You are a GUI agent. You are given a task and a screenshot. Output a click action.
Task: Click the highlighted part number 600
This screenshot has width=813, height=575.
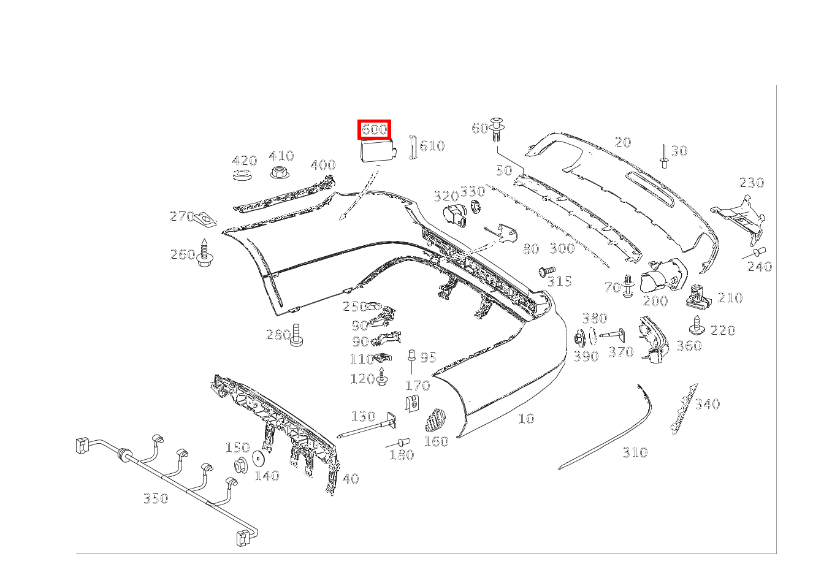374,129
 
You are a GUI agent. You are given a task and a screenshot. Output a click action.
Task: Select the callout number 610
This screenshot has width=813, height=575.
433,146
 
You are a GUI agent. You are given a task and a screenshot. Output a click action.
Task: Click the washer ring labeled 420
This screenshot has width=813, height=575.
243,177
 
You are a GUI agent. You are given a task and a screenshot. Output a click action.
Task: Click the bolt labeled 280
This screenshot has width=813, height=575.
296,335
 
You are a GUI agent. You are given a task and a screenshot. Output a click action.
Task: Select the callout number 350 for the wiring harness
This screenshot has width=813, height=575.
155,498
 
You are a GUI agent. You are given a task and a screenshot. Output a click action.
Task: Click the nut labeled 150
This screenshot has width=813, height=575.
240,465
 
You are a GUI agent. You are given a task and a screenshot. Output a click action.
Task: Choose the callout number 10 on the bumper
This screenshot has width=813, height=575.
526,419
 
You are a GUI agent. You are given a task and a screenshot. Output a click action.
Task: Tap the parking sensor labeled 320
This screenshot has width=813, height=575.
453,215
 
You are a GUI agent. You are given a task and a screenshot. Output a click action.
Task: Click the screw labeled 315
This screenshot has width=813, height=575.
546,270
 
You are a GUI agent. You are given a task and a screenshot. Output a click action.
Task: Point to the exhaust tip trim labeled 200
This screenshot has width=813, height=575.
661,275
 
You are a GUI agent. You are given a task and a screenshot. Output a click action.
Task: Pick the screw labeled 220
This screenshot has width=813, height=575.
698,326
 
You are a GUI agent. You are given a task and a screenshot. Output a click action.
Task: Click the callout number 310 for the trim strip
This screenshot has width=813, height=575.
635,452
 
